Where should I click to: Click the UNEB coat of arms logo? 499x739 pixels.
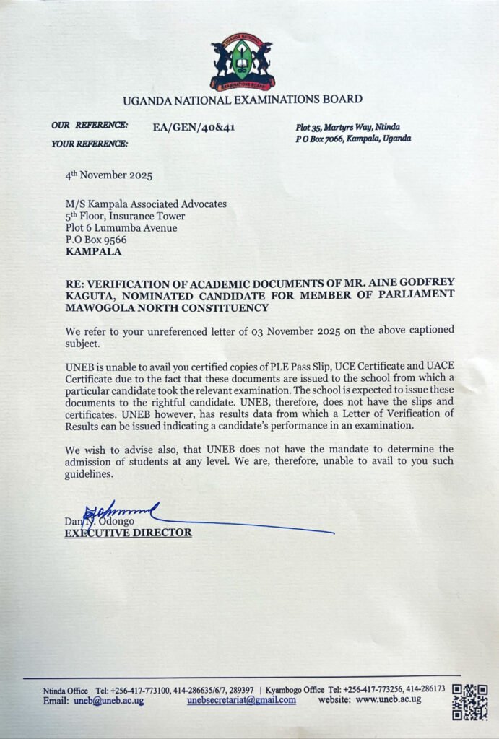pyautogui.click(x=242, y=62)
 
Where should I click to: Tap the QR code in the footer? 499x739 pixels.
pyautogui.click(x=469, y=702)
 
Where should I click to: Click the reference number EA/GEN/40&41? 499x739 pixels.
pyautogui.click(x=194, y=128)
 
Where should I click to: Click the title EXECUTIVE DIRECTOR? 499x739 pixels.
pyautogui.click(x=129, y=533)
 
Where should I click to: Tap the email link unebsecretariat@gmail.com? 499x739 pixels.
pyautogui.click(x=241, y=700)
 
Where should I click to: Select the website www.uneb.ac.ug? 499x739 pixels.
pyautogui.click(x=388, y=700)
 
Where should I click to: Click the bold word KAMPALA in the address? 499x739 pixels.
pyautogui.click(x=93, y=252)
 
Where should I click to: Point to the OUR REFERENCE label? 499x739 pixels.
pyautogui.click(x=90, y=126)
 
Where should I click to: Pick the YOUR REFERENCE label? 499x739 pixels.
pyautogui.click(x=90, y=144)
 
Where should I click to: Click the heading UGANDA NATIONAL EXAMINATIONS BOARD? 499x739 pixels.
pyautogui.click(x=243, y=100)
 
